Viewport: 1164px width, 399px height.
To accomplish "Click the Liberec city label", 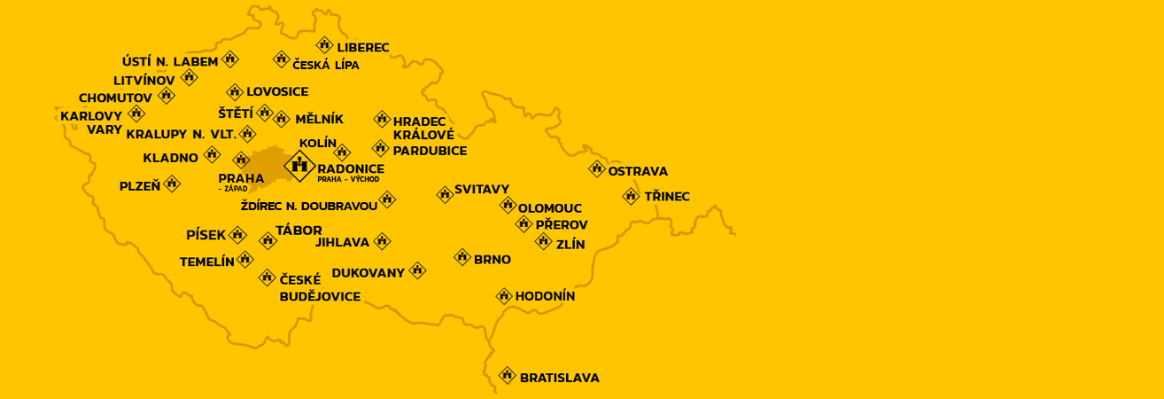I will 363,47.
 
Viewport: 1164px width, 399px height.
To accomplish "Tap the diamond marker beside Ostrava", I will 597,168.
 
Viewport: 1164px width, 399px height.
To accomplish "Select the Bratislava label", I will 559,378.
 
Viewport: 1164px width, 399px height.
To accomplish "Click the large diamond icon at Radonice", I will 299,165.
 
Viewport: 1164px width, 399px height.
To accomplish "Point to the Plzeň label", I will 140,186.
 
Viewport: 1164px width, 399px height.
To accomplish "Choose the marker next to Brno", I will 462,257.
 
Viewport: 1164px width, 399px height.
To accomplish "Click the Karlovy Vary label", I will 92,122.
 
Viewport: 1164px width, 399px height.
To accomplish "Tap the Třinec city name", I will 667,196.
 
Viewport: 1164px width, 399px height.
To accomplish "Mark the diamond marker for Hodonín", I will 504,296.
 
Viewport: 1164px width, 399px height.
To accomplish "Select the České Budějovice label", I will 320,288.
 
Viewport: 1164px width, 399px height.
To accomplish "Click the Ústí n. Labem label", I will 170,61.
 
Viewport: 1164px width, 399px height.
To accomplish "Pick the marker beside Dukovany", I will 417,270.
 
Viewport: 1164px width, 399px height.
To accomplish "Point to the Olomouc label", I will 550,208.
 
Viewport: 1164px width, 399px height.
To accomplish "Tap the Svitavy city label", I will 482,189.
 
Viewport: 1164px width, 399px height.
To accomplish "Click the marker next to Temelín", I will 245,259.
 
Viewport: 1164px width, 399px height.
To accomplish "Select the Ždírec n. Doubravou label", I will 309,206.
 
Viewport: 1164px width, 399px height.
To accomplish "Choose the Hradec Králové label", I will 423,128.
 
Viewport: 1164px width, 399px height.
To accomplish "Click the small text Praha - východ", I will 348,179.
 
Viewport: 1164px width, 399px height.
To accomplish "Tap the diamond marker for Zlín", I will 544,241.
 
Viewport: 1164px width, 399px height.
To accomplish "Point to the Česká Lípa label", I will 326,65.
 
